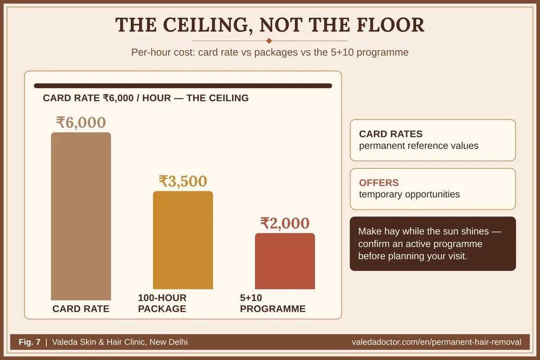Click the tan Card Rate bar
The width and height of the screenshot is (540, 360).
[81, 216]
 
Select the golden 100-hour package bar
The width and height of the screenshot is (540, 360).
[183, 240]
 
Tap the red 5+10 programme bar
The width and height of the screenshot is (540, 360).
[285, 261]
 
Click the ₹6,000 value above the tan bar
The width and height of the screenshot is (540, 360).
[81, 122]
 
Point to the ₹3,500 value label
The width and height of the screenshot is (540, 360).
[183, 181]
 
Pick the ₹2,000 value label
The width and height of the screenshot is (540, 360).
[285, 223]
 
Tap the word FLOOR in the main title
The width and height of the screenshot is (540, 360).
[391, 25]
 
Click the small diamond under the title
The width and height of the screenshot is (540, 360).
[270, 41]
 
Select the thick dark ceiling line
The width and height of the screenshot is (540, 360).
[183, 86]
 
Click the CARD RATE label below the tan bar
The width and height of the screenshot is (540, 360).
[81, 309]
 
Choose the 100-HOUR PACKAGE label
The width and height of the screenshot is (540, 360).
[162, 303]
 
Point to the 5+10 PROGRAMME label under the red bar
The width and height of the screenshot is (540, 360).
[273, 303]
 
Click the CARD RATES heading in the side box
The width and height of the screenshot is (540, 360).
[391, 134]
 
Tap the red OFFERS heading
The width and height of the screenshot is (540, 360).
[379, 183]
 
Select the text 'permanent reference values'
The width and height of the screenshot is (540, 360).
[419, 146]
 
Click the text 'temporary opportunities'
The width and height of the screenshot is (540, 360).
[409, 194]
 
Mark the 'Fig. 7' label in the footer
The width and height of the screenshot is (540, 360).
[29, 342]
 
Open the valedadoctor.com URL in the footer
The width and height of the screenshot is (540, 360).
[436, 342]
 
